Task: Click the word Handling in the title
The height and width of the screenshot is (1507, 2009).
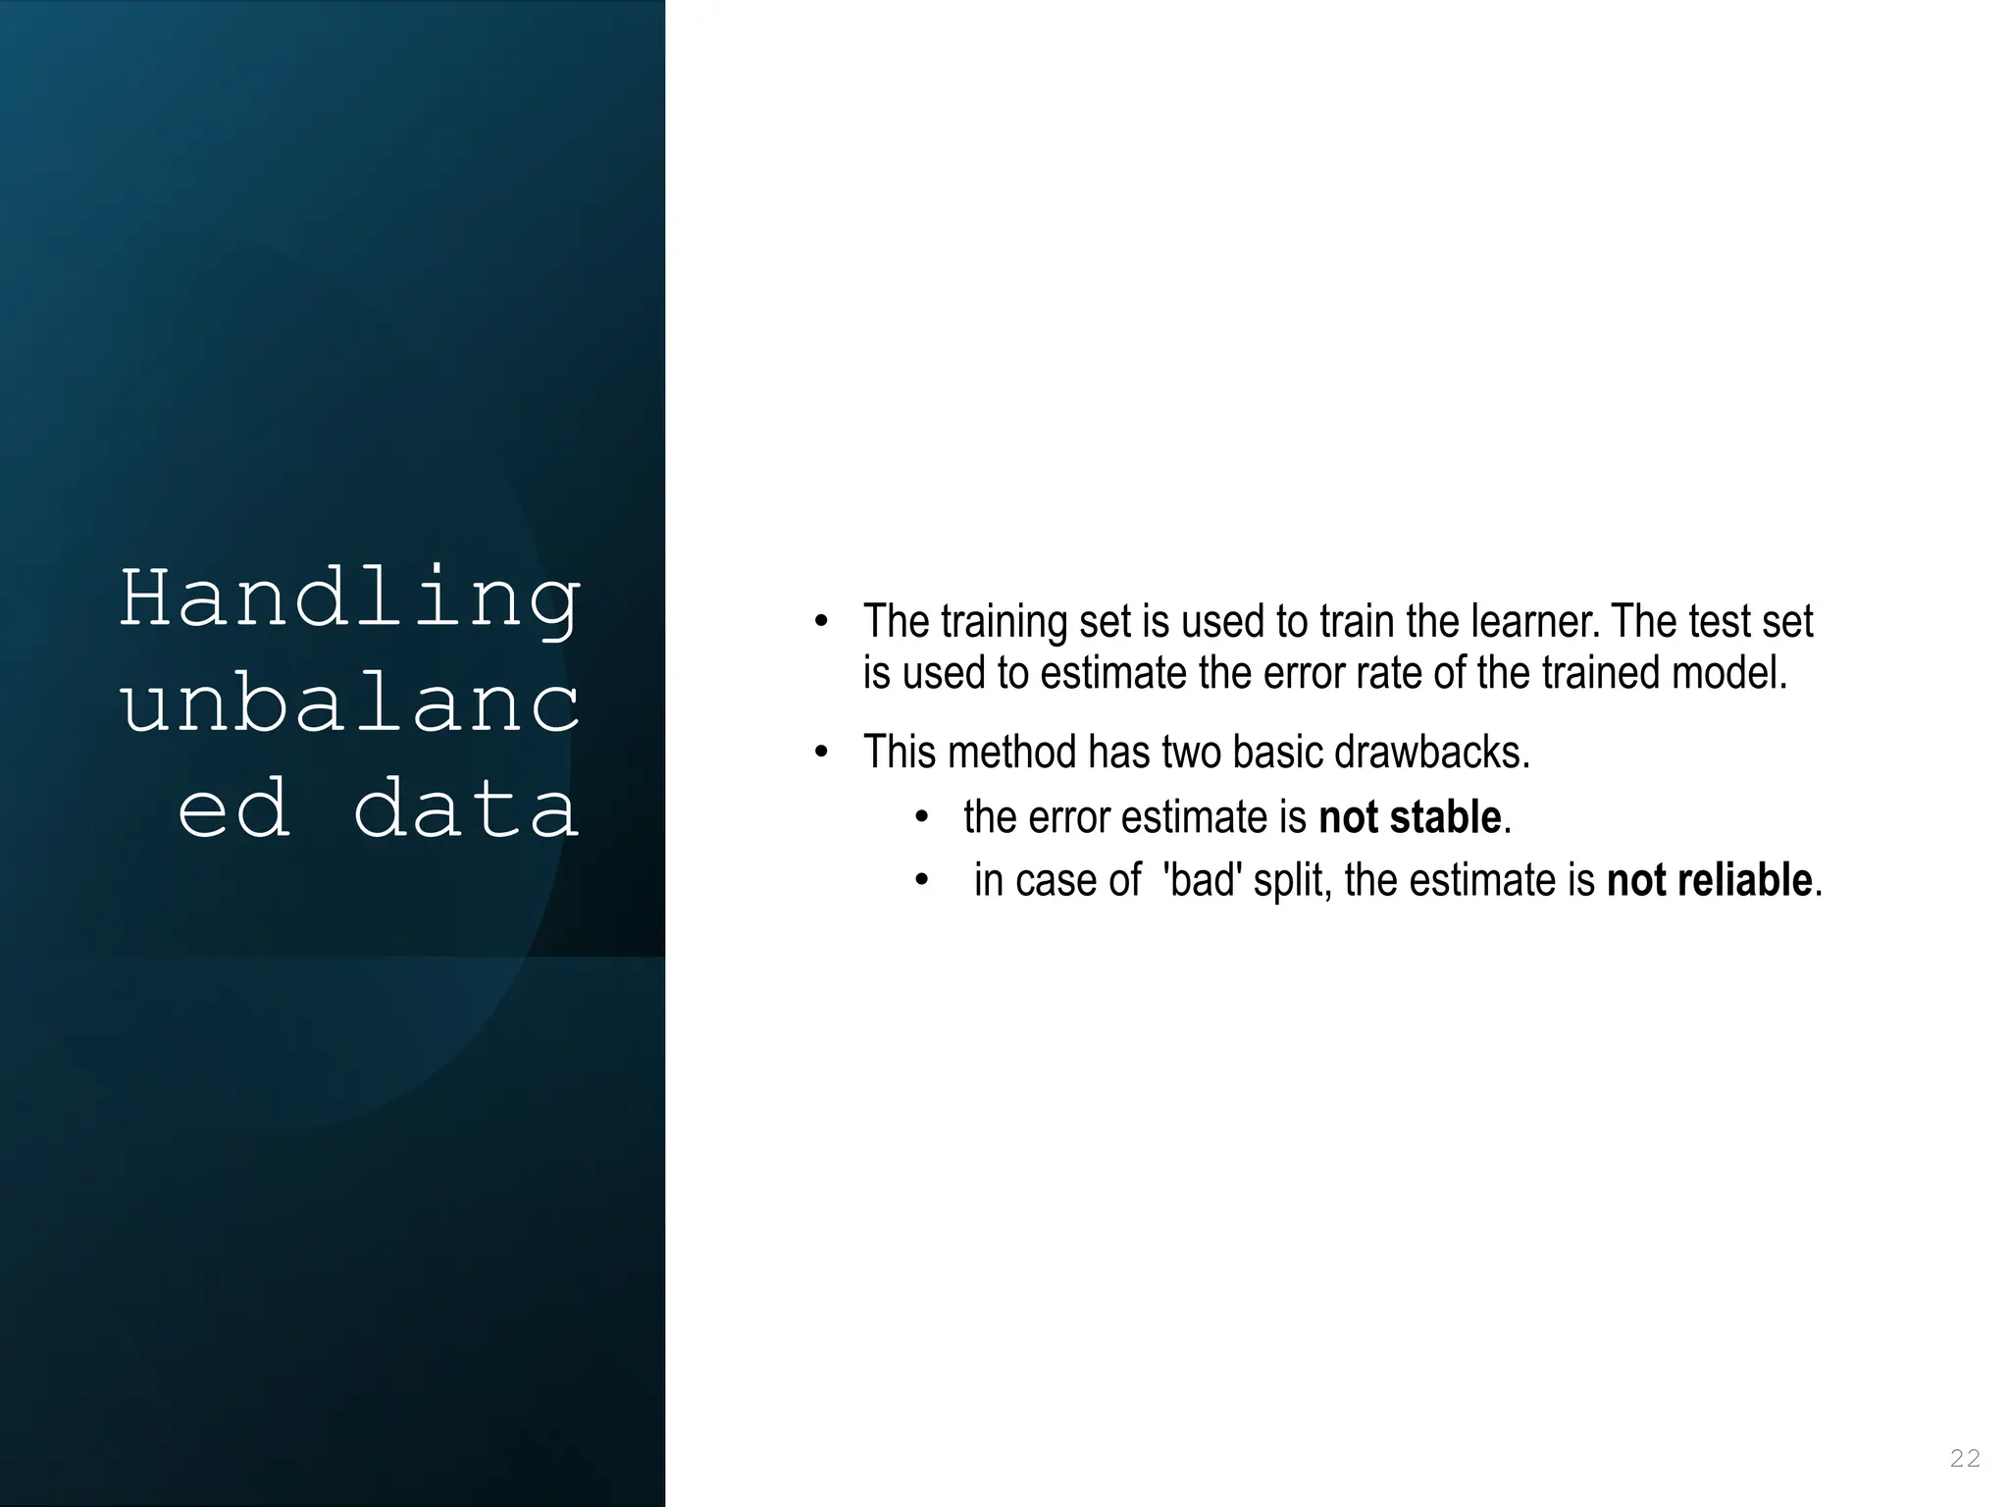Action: pos(350,599)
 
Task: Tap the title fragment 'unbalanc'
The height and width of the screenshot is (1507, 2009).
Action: pos(350,704)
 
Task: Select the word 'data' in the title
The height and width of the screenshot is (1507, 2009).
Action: pos(465,808)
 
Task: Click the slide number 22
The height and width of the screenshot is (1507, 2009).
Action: pos(1965,1458)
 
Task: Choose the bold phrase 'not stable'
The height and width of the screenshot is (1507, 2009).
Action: pos(1410,817)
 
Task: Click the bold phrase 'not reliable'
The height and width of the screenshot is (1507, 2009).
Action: pos(1709,880)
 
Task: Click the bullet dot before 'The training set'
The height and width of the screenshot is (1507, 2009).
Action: pos(821,622)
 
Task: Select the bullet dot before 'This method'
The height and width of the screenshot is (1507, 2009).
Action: pos(821,753)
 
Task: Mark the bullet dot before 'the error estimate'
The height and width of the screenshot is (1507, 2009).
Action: pos(921,817)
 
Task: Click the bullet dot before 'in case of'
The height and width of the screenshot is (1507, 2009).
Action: pos(921,880)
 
